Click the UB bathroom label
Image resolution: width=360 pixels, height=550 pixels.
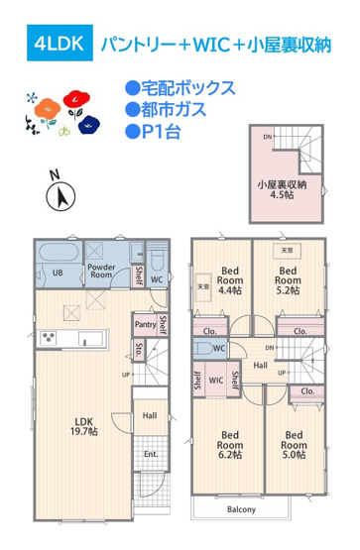tap(58, 273)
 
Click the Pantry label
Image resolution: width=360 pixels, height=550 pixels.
tap(143, 323)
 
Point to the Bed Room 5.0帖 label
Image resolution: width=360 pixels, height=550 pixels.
tap(294, 440)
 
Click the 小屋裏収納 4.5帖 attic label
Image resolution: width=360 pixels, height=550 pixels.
tap(282, 189)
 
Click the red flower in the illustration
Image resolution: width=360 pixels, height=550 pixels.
tap(72, 99)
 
